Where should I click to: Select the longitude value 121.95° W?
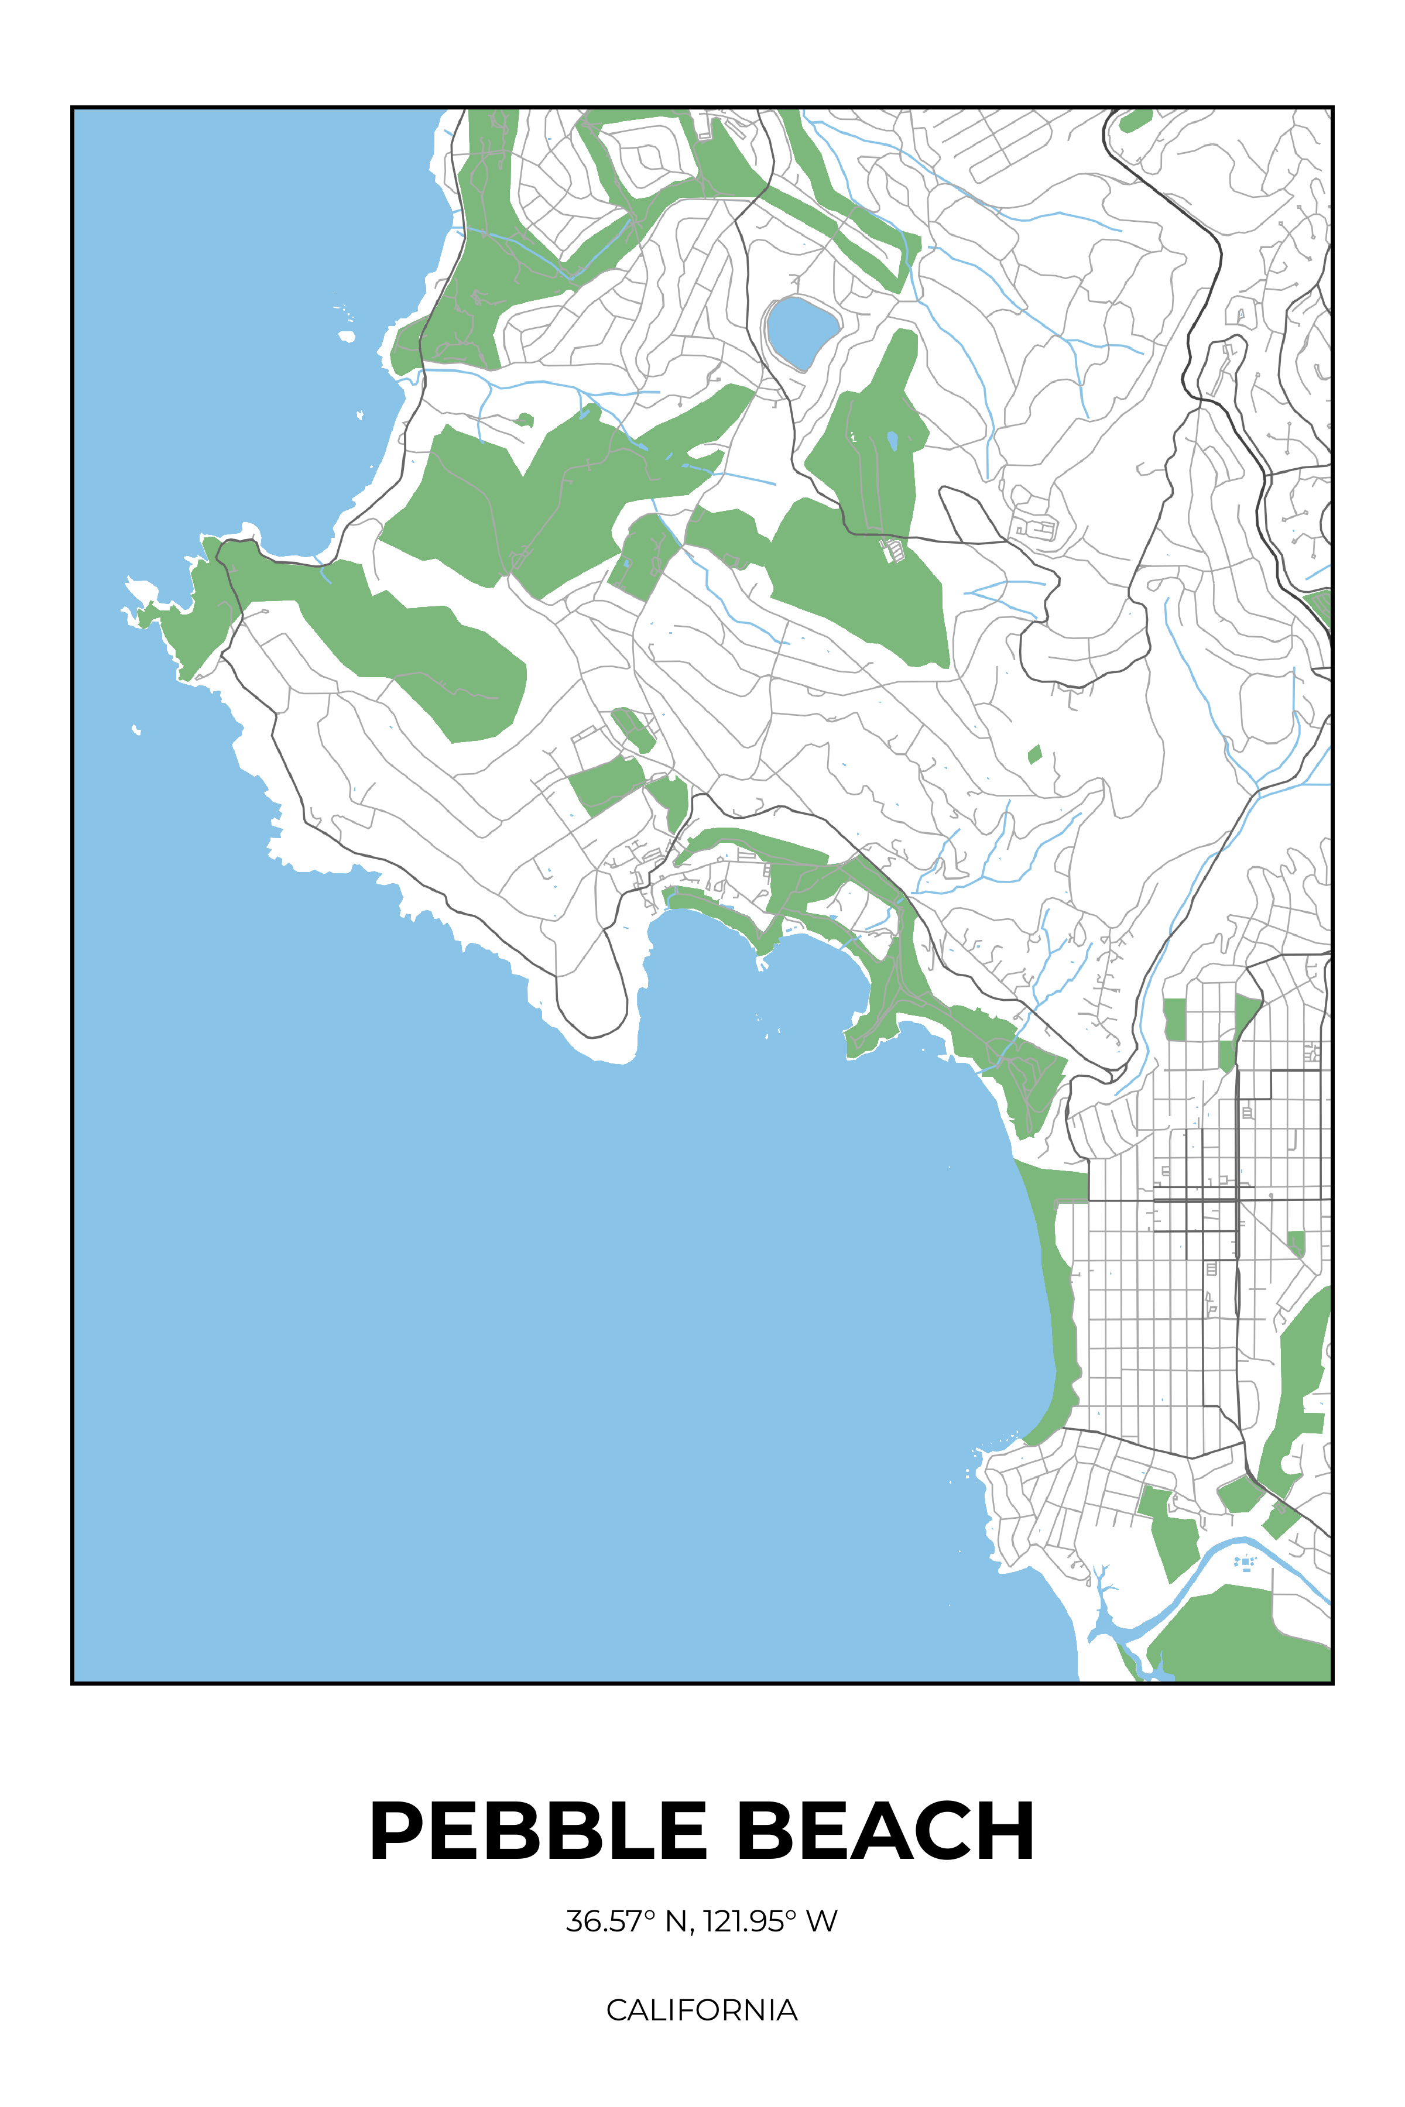[x=770, y=1921]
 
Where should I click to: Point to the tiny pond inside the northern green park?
[x=892, y=440]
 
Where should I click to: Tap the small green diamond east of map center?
[x=1035, y=754]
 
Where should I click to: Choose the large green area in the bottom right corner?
[x=1246, y=1639]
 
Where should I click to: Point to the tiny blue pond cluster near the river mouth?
[x=1245, y=1562]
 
